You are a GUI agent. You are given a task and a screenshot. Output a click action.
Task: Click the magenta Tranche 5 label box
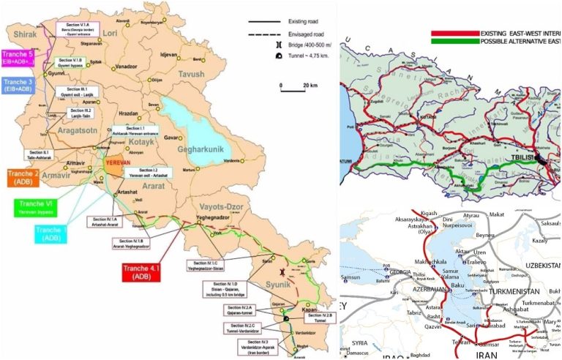coord(18,57)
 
